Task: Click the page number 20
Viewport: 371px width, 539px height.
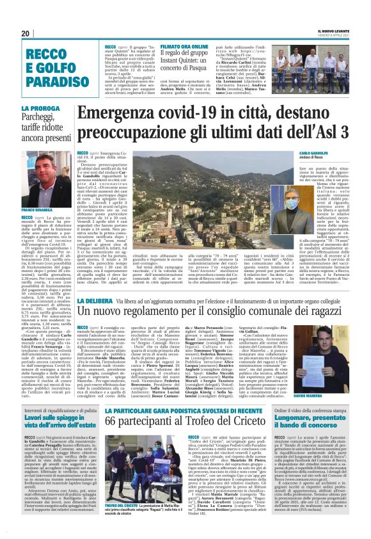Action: click(x=26, y=33)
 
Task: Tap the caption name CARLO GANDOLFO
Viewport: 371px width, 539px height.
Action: click(x=310, y=155)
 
